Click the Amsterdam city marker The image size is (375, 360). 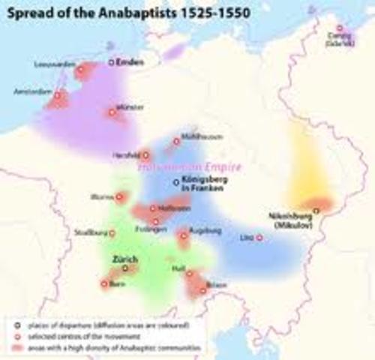(x=54, y=95)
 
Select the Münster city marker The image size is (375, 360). (x=112, y=112)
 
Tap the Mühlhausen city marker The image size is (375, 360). (x=177, y=140)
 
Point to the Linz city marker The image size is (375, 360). (x=259, y=238)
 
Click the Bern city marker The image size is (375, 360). (x=103, y=283)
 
